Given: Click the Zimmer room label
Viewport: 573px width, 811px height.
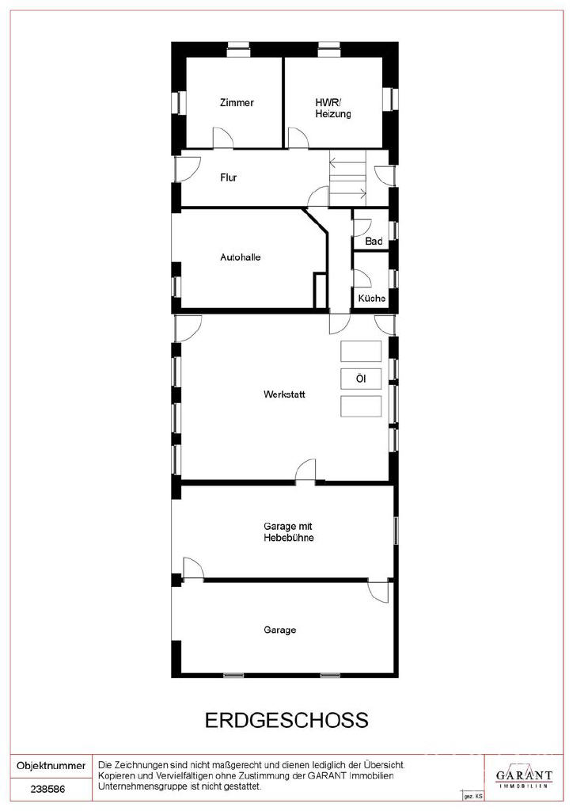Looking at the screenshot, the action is tap(237, 102).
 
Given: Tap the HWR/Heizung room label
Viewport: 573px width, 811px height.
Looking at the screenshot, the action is tap(333, 108).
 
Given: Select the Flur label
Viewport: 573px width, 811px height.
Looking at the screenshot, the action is tap(229, 177).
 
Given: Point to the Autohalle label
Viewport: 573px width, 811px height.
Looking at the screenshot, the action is tap(241, 257).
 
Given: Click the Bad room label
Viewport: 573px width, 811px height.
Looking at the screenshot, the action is tap(374, 242).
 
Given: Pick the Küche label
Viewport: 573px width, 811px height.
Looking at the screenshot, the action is tap(371, 299).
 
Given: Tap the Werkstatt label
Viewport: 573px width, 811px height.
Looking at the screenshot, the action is tap(284, 394).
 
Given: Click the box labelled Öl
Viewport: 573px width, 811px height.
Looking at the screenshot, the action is tap(361, 379).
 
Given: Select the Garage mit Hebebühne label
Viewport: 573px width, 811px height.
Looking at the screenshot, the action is tap(289, 531).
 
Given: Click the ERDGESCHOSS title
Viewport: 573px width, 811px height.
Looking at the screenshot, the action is tap(286, 720).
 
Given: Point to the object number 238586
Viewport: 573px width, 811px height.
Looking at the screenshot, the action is tap(47, 790).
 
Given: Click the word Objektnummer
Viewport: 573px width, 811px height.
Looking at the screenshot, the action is tap(51, 766).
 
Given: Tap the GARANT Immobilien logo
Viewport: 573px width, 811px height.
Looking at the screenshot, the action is tap(524, 776).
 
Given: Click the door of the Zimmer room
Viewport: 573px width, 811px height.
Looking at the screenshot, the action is tap(222, 138).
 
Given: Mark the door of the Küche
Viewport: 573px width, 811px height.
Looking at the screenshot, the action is tap(362, 278).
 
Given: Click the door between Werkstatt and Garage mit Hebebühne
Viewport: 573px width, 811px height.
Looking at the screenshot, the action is tap(305, 470).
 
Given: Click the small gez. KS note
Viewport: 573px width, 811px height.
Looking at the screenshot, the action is tap(473, 796).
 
